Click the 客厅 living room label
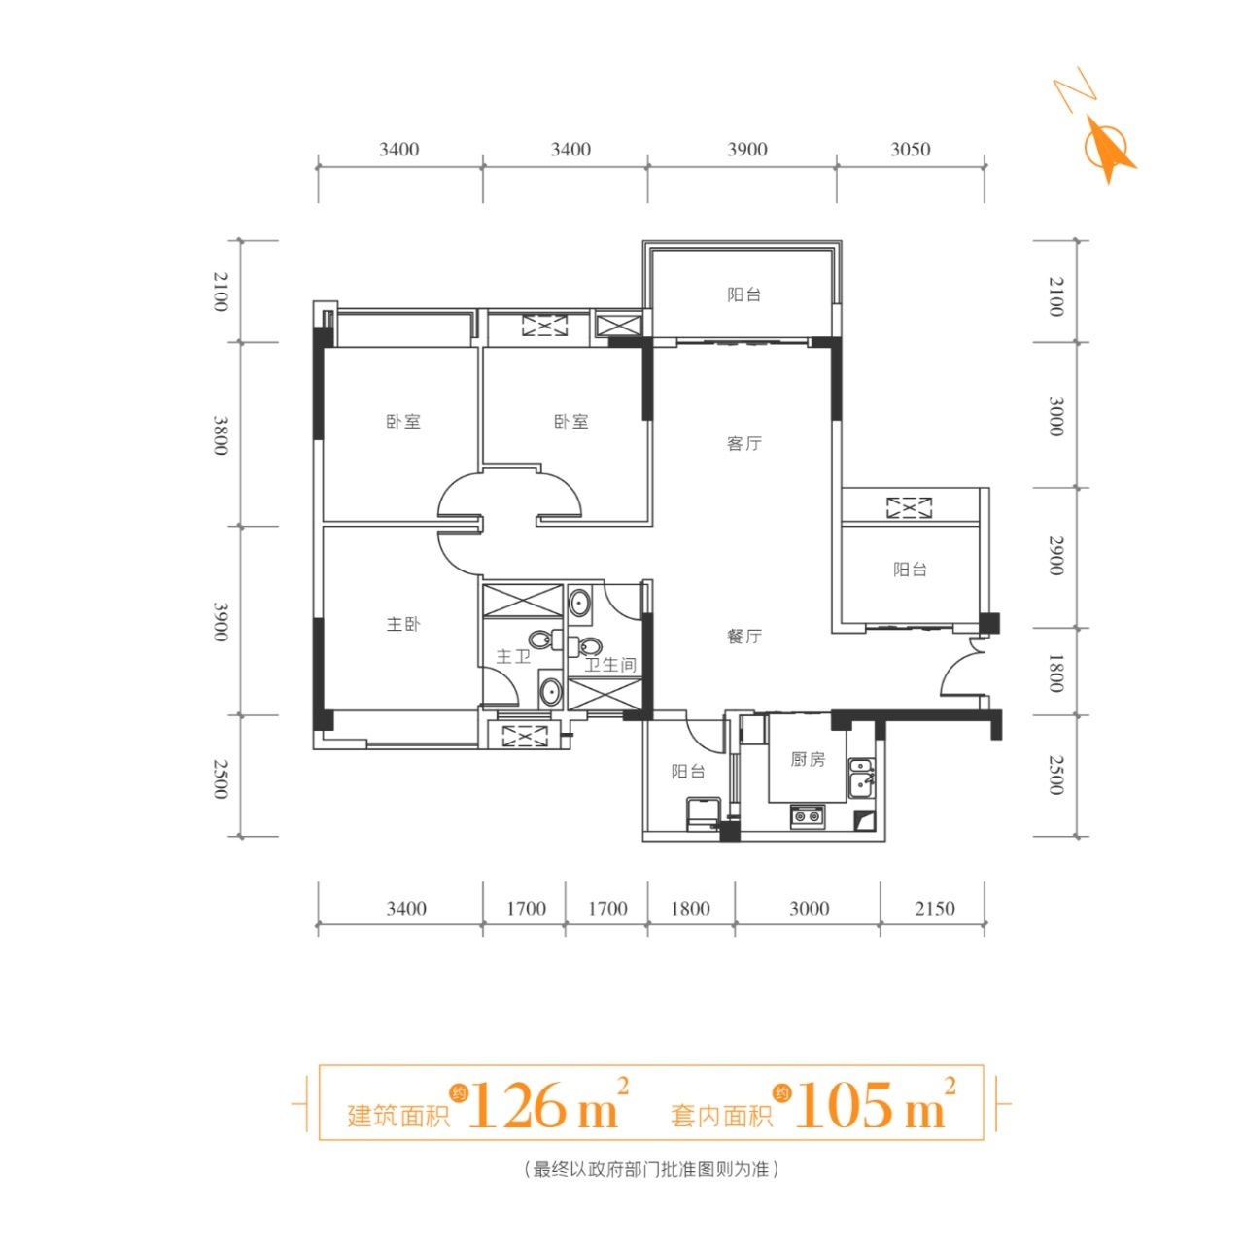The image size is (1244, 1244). (743, 443)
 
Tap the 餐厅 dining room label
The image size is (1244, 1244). (743, 637)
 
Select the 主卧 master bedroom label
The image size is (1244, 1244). (403, 624)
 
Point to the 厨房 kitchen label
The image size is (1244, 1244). (808, 759)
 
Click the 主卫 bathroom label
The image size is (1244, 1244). (513, 657)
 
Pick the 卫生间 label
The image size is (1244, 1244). (610, 665)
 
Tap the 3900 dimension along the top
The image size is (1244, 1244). (747, 150)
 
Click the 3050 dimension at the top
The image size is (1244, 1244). (911, 150)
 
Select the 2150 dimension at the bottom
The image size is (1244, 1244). (934, 909)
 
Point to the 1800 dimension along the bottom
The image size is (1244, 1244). (690, 909)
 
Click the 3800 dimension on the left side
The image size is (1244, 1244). (222, 435)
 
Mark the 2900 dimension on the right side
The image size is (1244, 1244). (1055, 555)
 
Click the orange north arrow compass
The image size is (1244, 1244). (1106, 147)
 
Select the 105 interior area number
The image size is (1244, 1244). (847, 1105)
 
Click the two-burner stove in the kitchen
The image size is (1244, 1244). (807, 816)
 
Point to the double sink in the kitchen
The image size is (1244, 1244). (861, 777)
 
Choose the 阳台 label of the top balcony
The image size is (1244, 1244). (743, 295)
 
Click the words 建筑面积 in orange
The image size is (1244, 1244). (398, 1116)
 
